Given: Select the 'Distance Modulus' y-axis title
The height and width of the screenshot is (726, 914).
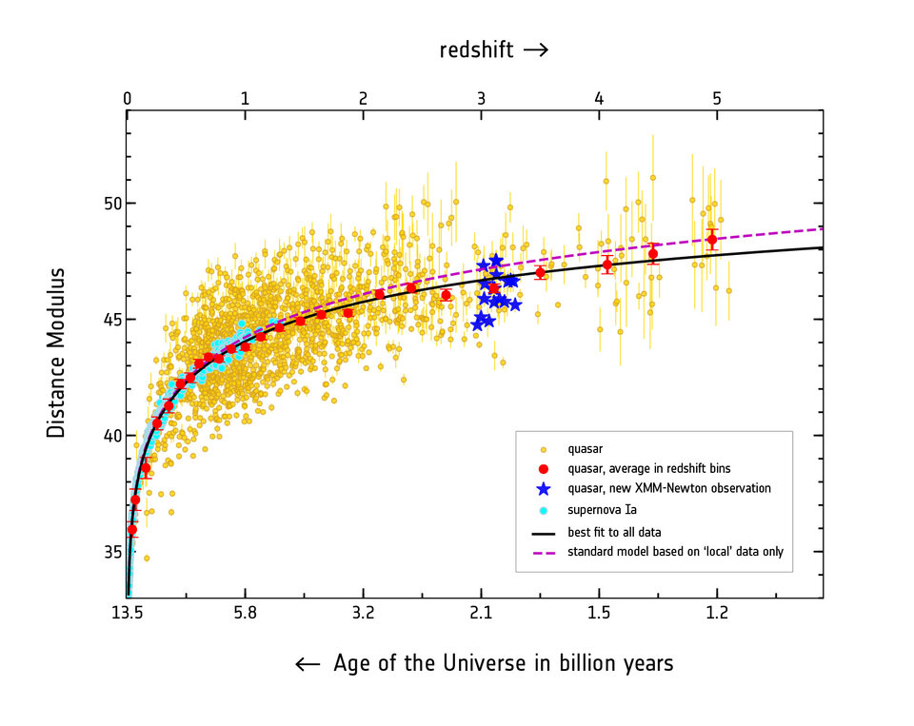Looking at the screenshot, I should pyautogui.click(x=57, y=352).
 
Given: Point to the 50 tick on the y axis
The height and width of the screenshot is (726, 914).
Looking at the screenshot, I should pyautogui.click(x=101, y=204).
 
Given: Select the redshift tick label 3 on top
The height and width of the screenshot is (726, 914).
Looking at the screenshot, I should pyautogui.click(x=481, y=99).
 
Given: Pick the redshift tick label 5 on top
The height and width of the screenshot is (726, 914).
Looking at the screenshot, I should pyautogui.click(x=717, y=99).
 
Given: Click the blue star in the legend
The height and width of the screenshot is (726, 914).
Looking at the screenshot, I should pyautogui.click(x=543, y=488).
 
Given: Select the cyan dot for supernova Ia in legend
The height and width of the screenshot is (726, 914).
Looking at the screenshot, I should pyautogui.click(x=543, y=510).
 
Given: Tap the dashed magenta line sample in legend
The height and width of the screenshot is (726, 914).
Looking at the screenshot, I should pyautogui.click(x=543, y=552).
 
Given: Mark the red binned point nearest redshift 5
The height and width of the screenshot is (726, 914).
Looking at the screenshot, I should pyautogui.click(x=711, y=240).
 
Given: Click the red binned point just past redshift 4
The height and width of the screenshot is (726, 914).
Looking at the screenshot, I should pyautogui.click(x=606, y=265).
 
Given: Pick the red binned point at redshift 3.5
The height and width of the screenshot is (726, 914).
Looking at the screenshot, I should pyautogui.click(x=541, y=273).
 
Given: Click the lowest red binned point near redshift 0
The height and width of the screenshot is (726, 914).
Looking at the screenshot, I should pyautogui.click(x=132, y=530).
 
